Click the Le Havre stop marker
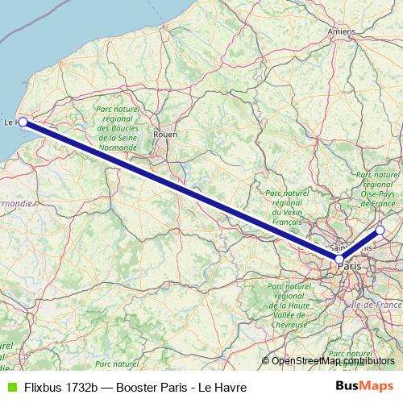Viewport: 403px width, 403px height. [23, 122]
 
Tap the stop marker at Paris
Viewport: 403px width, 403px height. [339, 260]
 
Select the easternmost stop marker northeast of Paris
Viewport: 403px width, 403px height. [380, 231]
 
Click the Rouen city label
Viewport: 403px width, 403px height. [165, 135]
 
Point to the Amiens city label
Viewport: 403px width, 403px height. [342, 31]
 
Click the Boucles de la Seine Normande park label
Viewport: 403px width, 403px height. [118, 128]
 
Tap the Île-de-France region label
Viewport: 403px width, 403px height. [379, 305]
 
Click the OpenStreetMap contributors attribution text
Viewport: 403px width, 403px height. [332, 361]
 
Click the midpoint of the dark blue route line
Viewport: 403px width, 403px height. [181, 191]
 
